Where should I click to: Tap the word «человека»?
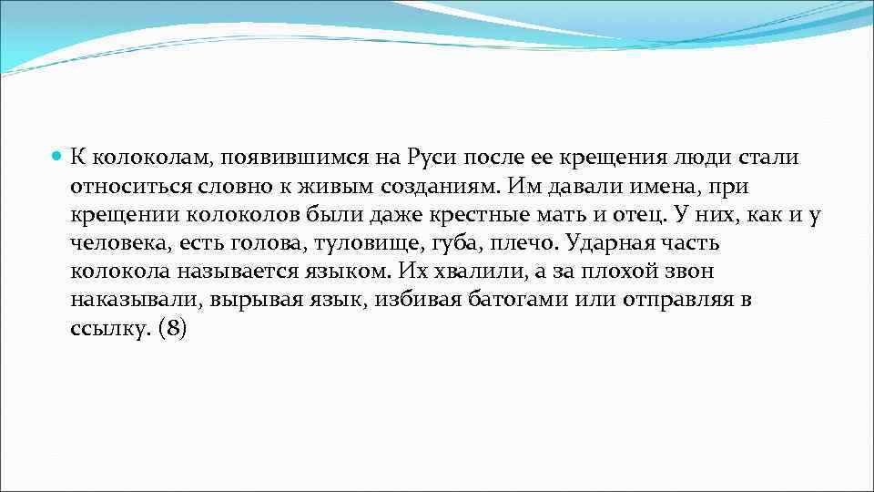click(x=115, y=243)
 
